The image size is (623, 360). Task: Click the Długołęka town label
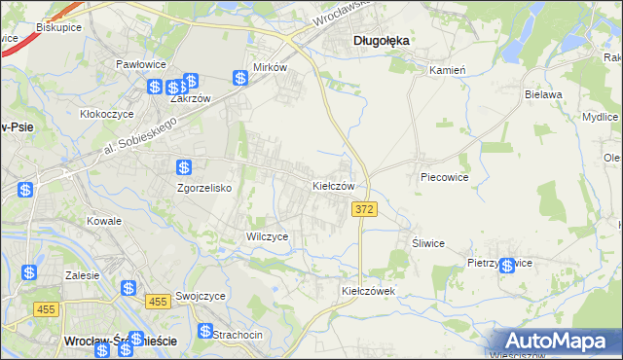pos(381,40)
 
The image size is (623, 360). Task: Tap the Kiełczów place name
pos(339,185)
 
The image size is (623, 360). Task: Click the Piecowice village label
pos(445,178)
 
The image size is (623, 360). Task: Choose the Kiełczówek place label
pos(367,291)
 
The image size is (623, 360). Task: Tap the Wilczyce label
pos(267,236)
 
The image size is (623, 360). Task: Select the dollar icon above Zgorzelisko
pos(184,167)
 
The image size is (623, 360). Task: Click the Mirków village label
pos(270,68)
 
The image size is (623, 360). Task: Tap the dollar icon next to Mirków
pos(240,78)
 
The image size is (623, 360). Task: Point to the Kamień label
pos(448,70)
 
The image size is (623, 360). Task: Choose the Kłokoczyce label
pos(107,114)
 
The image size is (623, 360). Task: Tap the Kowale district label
pos(103,221)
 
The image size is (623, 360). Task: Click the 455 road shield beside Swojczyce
pos(161,303)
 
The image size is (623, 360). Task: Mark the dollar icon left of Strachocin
pos(204,331)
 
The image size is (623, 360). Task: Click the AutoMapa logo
pos(558,342)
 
